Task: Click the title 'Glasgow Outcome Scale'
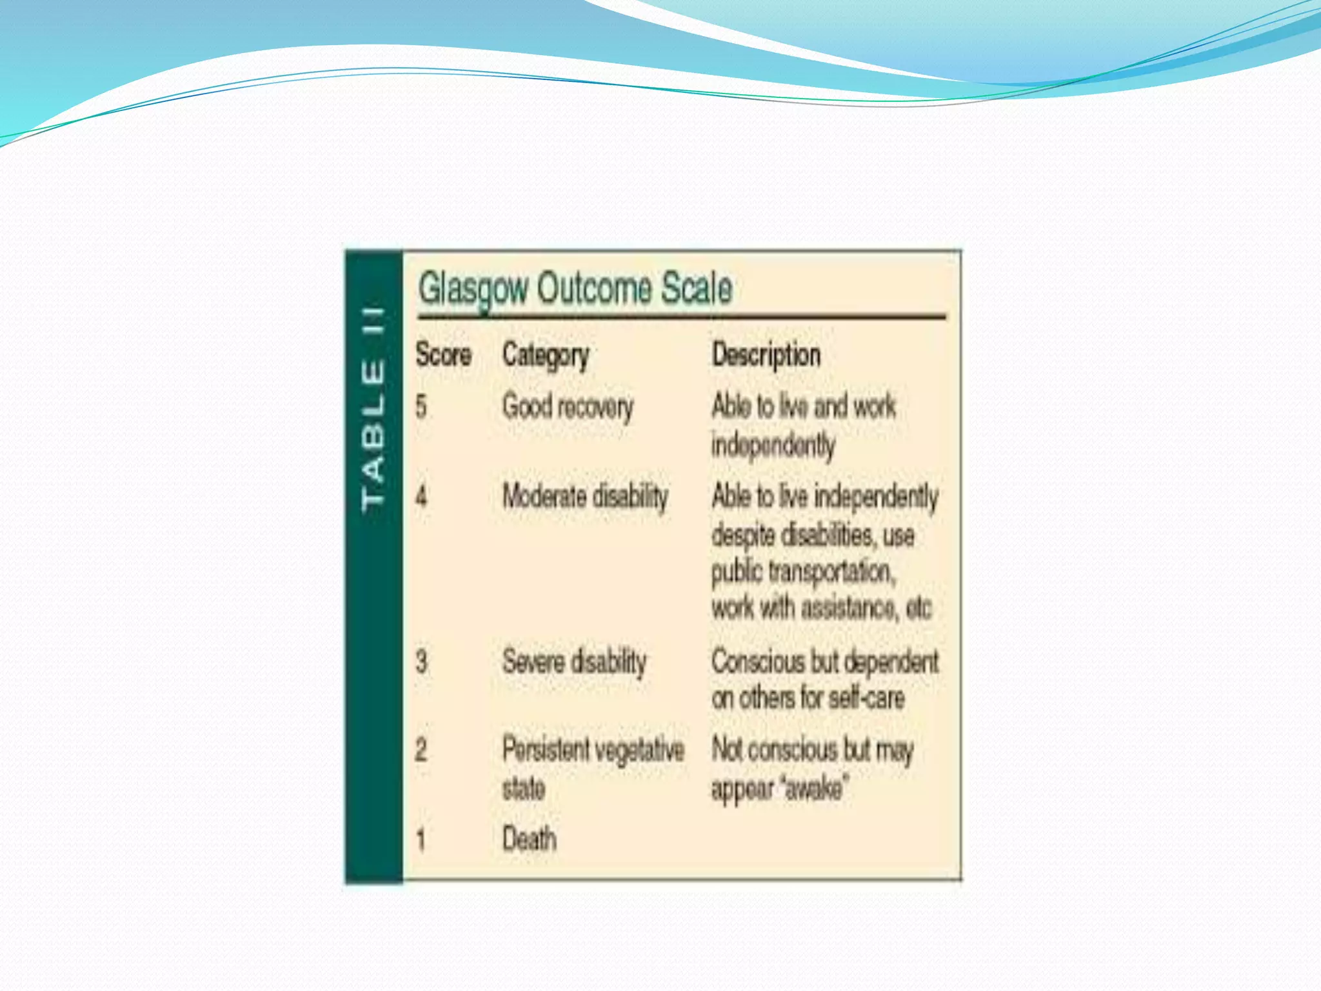click(x=575, y=288)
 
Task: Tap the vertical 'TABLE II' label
click(x=374, y=409)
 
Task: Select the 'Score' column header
click(x=443, y=355)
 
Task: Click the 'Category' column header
click(x=546, y=355)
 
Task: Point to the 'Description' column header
click(x=766, y=355)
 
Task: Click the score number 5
click(x=421, y=406)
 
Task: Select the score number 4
click(x=421, y=497)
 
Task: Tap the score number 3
click(x=421, y=662)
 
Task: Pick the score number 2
click(x=421, y=750)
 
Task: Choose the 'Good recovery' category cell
click(x=568, y=407)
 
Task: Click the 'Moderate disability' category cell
click(x=585, y=497)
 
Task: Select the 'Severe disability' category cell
click(x=574, y=662)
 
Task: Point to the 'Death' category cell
click(x=529, y=839)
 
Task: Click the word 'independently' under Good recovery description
click(x=773, y=445)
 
